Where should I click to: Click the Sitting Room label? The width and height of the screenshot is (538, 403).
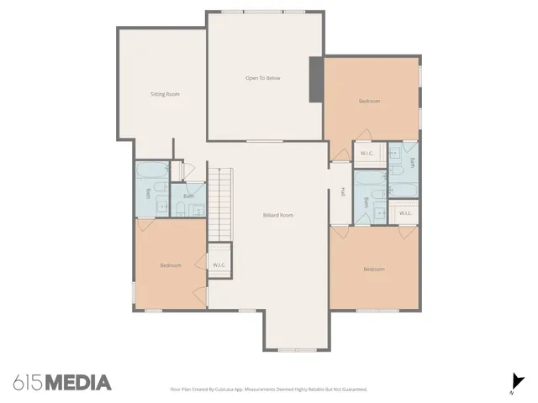pyautogui.click(x=165, y=94)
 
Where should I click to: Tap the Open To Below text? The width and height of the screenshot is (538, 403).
pyautogui.click(x=262, y=78)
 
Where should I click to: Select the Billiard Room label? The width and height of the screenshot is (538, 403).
pyautogui.click(x=277, y=216)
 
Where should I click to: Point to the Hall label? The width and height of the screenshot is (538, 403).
pyautogui.click(x=343, y=192)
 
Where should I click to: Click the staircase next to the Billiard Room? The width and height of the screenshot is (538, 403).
pyautogui.click(x=219, y=202)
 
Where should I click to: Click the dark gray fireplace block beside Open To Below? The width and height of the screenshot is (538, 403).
pyautogui.click(x=316, y=80)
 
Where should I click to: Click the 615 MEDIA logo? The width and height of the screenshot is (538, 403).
pyautogui.click(x=62, y=383)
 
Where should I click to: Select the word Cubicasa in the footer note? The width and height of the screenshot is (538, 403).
pyautogui.click(x=230, y=390)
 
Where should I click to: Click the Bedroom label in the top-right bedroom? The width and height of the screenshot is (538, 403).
pyautogui.click(x=369, y=101)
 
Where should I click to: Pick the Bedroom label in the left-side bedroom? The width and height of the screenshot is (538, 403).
pyautogui.click(x=171, y=265)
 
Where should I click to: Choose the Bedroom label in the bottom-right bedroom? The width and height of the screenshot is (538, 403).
pyautogui.click(x=373, y=270)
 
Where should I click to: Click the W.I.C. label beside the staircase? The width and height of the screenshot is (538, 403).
pyautogui.click(x=219, y=265)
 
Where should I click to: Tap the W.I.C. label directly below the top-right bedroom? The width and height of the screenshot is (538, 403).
pyautogui.click(x=367, y=153)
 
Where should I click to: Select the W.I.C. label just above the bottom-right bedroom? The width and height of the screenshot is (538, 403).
pyautogui.click(x=404, y=213)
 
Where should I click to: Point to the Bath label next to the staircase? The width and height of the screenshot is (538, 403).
pyautogui.click(x=189, y=197)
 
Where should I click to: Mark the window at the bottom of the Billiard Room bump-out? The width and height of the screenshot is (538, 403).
pyautogui.click(x=296, y=349)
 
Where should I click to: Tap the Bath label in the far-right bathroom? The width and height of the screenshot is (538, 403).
pyautogui.click(x=412, y=162)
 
